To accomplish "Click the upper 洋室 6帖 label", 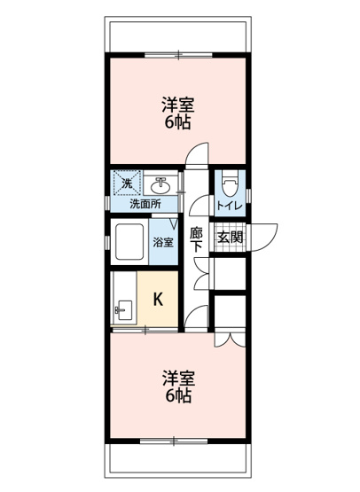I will pos(178,112).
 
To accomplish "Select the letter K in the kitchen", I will pos(159,299).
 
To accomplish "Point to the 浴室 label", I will pos(162,241).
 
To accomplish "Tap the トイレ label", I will pos(228,206).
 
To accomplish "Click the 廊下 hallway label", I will pos(197,239).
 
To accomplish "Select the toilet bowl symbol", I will pos(229,184).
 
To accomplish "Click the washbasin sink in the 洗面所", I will pos(161,185).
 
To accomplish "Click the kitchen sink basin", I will pos(122,310).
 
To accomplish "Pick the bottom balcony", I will pos(177,459).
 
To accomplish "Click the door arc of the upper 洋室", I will pos(197,156).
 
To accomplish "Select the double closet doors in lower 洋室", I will pos(231,338).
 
